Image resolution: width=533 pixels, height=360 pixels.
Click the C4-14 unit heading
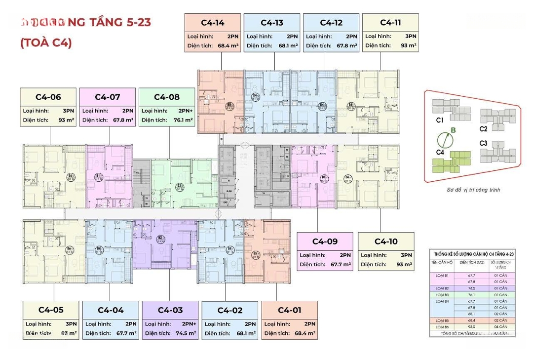coord(213,22)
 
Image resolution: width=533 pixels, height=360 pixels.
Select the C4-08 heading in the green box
coord(167,97)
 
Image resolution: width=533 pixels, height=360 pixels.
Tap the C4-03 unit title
coord(170,310)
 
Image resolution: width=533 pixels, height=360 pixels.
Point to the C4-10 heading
coord(386,241)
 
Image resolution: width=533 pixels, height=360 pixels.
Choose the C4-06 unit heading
coord(48,97)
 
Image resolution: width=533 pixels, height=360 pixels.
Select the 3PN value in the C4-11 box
coord(411,36)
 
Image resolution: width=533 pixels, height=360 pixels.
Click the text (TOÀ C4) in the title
coord(46,43)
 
